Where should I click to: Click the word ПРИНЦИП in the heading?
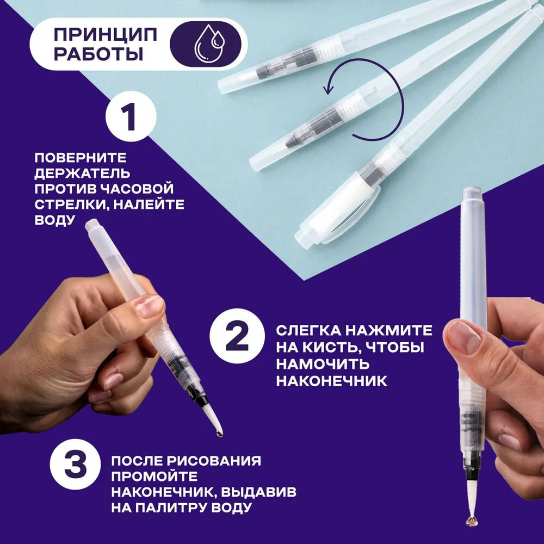[106, 35]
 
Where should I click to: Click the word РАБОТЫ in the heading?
[98, 54]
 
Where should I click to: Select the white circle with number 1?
[131, 116]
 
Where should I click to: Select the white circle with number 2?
[237, 336]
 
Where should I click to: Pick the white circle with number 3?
[75, 464]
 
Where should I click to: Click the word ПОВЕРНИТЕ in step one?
[81, 158]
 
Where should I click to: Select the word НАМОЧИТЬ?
[323, 364]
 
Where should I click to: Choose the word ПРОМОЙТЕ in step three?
[154, 477]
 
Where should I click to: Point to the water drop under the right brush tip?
[472, 520]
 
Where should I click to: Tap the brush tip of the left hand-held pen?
[212, 420]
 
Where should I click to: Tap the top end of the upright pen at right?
[471, 190]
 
